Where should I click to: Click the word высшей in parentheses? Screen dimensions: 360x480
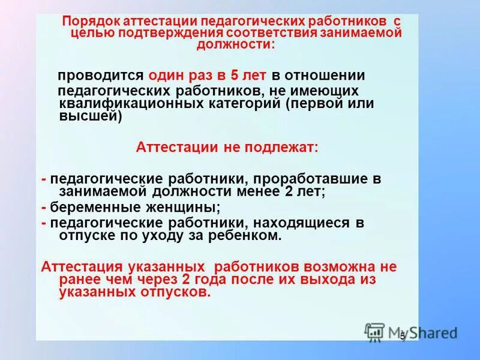tap(91, 117)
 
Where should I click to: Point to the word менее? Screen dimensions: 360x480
tap(258, 192)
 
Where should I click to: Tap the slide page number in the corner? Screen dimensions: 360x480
tap(403, 336)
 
